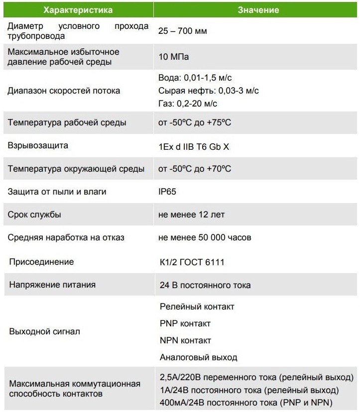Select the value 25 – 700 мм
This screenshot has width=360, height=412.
coord(182,31)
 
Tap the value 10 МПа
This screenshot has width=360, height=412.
coord(173,57)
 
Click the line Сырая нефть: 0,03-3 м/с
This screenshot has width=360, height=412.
coord(208,91)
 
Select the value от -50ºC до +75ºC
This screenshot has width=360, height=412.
coord(195,123)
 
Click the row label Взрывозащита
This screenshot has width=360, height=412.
coord(38,146)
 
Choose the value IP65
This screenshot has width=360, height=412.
coord(167,192)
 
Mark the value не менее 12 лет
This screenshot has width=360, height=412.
coord(191,214)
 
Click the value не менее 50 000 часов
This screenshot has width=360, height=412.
coord(205,237)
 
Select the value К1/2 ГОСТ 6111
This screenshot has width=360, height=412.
coord(191,262)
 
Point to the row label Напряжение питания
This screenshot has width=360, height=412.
coord(51,285)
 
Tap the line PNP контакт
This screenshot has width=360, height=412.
coord(185,323)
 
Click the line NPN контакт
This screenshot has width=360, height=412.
coord(185,340)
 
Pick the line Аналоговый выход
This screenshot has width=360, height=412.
coord(198,357)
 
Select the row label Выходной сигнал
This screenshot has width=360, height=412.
coord(44,331)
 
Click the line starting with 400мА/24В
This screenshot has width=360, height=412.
coord(246,402)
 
